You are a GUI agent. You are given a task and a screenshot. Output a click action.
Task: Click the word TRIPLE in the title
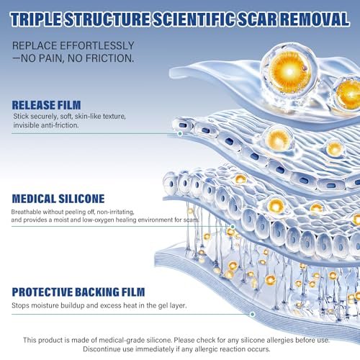(x=36, y=19)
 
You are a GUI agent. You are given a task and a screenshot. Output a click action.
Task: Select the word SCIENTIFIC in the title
(x=194, y=19)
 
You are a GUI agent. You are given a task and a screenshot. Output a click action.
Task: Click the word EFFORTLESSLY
(x=97, y=45)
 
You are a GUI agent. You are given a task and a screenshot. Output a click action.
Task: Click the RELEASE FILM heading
(x=46, y=105)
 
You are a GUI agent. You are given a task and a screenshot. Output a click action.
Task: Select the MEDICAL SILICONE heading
(x=58, y=199)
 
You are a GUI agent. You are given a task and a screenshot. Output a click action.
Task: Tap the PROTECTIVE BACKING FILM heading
(x=78, y=292)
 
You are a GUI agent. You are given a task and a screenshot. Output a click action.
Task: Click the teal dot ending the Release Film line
(x=180, y=134)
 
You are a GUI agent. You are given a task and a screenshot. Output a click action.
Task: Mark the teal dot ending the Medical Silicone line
(x=233, y=227)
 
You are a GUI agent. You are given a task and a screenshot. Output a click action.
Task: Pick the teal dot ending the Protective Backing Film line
(x=252, y=314)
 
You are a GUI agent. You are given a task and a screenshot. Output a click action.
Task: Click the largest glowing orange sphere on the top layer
(x=289, y=71)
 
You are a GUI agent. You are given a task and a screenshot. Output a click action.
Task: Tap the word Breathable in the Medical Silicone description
(x=26, y=212)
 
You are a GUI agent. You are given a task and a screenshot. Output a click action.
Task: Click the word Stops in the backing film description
(x=21, y=305)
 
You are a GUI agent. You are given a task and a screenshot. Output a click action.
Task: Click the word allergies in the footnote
(x=280, y=340)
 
